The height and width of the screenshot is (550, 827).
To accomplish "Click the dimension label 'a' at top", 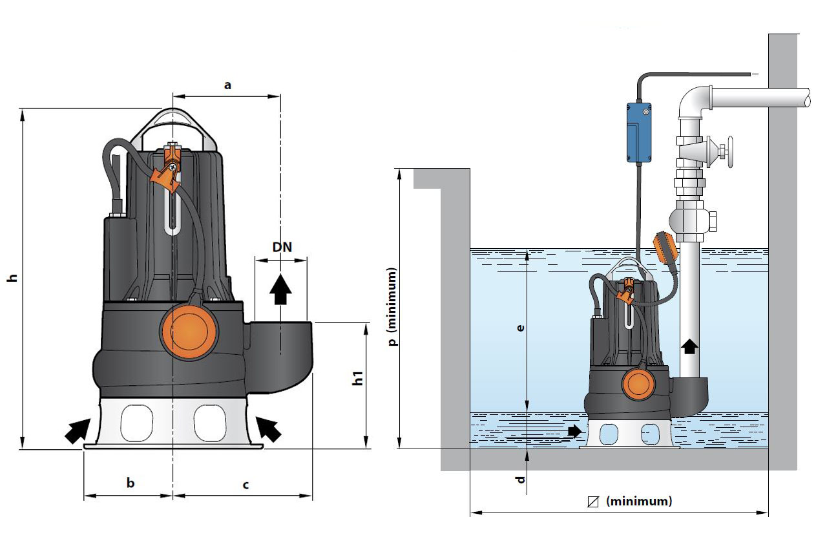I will tap(227, 85).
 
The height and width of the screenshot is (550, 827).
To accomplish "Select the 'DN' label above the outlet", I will tap(280, 248).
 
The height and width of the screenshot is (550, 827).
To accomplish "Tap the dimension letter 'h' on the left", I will tap(11, 279).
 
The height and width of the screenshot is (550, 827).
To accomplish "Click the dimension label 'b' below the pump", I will tap(131, 483).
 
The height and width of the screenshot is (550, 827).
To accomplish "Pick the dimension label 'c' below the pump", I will tap(246, 483).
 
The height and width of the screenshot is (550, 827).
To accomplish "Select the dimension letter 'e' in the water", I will tap(521, 328).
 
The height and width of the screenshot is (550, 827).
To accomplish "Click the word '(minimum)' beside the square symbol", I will tap(639, 501).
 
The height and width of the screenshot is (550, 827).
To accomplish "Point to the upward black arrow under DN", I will tap(280, 289).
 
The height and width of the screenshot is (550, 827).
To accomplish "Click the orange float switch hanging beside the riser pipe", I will tap(666, 246).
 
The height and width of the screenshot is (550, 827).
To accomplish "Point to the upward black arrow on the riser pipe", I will tap(690, 346).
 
